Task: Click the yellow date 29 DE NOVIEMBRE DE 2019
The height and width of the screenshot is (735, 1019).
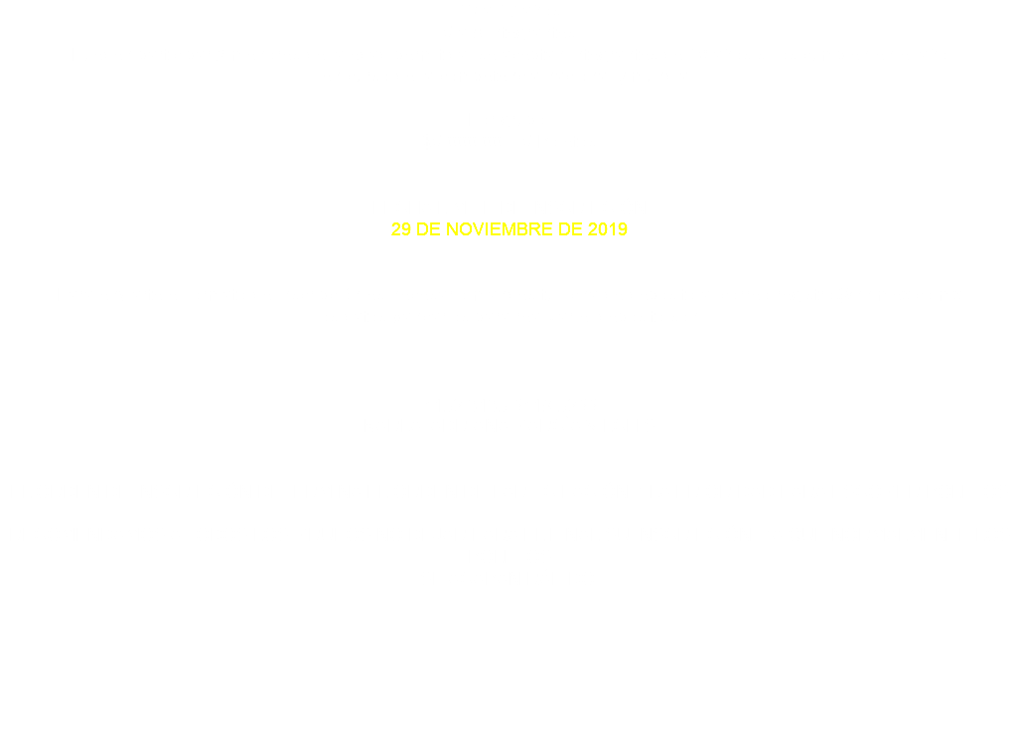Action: pyautogui.click(x=509, y=229)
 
